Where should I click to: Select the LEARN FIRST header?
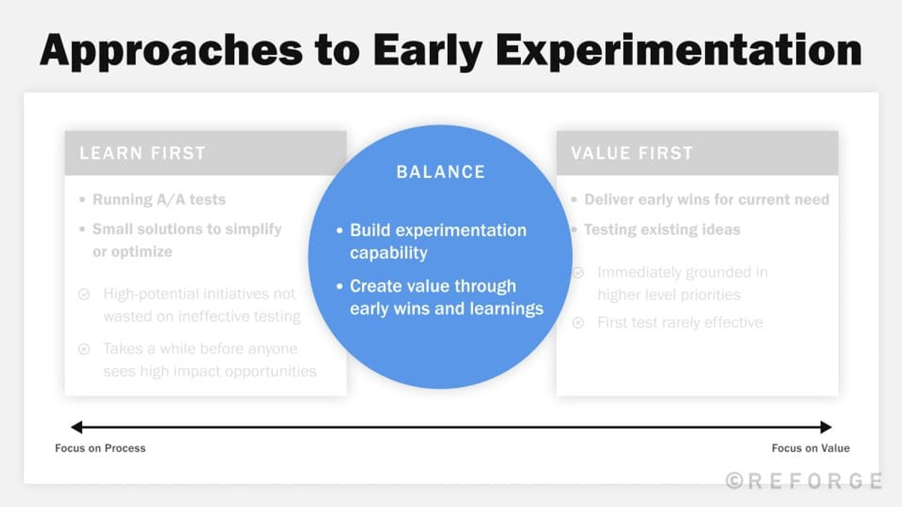[143, 153]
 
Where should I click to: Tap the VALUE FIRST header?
[631, 153]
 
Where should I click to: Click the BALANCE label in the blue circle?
[440, 171]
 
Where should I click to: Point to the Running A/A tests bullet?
[159, 200]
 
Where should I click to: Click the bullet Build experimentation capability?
[437, 241]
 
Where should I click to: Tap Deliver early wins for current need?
[706, 200]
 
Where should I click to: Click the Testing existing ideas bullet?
[661, 230]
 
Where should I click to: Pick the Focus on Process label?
[100, 448]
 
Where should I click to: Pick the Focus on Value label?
[810, 448]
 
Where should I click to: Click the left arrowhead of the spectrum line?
[76, 427]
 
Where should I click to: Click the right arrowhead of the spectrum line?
[826, 427]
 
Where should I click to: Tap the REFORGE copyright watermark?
[804, 481]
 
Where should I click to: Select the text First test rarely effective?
[680, 322]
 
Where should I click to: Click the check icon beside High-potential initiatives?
[84, 294]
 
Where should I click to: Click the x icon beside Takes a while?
[84, 349]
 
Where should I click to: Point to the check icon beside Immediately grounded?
[578, 273]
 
